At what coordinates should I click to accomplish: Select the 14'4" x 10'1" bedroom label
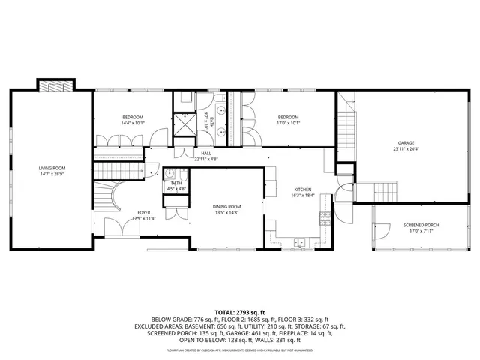(x=133, y=118)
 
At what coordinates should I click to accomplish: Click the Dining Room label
(x=226, y=207)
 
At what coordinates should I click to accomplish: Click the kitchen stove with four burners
(x=325, y=218)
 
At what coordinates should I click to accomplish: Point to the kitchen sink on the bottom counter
(x=300, y=241)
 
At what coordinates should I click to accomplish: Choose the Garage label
(x=406, y=143)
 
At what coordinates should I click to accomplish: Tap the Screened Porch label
(x=420, y=226)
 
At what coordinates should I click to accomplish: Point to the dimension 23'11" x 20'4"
(x=406, y=149)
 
